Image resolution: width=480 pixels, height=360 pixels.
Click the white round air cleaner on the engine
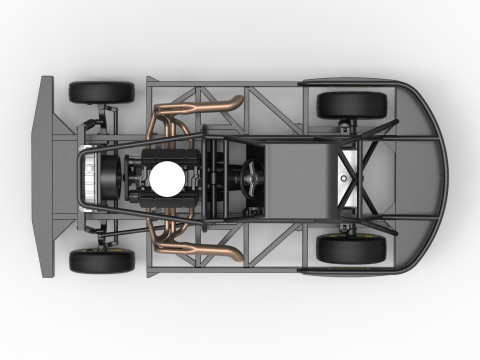(168, 178)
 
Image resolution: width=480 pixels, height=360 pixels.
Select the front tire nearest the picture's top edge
(101, 92)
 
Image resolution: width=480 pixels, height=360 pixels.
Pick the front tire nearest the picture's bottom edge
(101, 261)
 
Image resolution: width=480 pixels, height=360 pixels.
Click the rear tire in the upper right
(351, 104)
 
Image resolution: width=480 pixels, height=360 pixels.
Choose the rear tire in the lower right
(351, 248)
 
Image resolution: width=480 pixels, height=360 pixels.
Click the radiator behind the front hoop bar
(91, 178)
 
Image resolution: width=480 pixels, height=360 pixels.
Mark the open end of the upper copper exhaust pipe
(238, 102)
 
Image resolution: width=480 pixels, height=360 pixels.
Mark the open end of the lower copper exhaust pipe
(238, 254)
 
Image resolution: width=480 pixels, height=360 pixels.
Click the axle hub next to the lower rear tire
(349, 229)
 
